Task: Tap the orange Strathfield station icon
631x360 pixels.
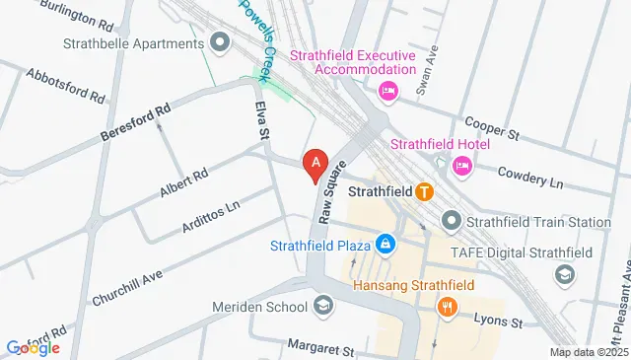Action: [424, 191]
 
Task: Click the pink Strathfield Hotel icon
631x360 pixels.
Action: [461, 168]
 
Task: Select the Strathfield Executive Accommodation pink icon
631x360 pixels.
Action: [388, 92]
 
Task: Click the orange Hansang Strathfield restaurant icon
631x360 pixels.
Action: [448, 308]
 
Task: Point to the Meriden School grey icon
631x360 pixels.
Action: [322, 307]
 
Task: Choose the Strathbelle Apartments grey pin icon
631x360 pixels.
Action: [220, 42]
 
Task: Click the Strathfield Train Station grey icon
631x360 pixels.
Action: [453, 220]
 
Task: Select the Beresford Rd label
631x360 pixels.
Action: [136, 122]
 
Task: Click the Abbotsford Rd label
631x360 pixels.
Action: [66, 86]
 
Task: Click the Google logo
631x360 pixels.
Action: [33, 347]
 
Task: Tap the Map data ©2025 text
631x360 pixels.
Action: [588, 352]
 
